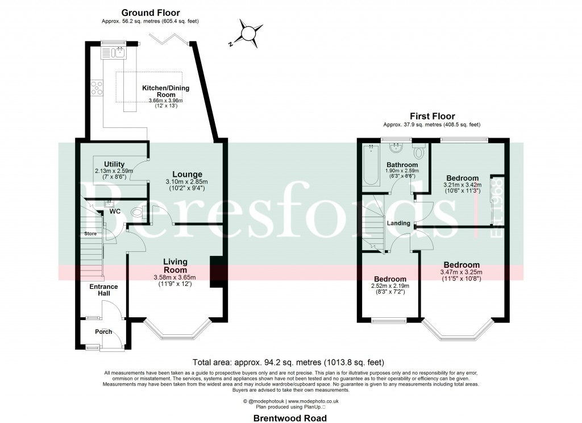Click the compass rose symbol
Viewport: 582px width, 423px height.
click(x=248, y=34)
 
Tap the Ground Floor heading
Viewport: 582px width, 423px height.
click(x=151, y=13)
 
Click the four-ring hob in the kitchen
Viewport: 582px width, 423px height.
click(x=96, y=88)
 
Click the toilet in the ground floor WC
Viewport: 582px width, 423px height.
click(x=137, y=213)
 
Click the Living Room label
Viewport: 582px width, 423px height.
click(x=175, y=266)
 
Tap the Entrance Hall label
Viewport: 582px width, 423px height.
click(x=103, y=291)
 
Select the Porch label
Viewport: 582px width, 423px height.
click(x=103, y=332)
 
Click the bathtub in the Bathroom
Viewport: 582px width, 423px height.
click(x=371, y=165)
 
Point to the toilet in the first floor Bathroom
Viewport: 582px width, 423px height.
click(x=419, y=152)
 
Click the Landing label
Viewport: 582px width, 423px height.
click(x=398, y=223)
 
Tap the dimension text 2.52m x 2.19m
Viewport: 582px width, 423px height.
click(x=389, y=286)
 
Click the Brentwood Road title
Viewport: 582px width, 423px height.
click(x=290, y=418)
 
